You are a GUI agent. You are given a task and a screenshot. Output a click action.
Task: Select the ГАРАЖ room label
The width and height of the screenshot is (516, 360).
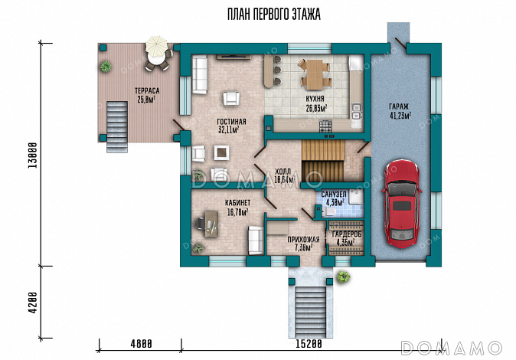[399, 106]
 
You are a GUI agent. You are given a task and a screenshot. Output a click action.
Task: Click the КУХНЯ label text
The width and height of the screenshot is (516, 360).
[315, 99]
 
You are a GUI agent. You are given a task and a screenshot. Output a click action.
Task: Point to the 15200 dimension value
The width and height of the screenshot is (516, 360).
[309, 344]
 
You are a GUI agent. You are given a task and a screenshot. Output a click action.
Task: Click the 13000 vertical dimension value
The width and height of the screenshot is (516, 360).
[32, 155]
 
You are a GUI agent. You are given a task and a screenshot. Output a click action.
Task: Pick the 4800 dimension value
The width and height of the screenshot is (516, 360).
[141, 344]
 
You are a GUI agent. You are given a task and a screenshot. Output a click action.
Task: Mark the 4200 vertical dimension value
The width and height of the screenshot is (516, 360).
[32, 303]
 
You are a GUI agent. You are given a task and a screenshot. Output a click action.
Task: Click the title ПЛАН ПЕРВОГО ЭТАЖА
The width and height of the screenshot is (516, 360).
[274, 15]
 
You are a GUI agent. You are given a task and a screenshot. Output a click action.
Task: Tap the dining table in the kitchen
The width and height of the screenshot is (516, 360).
[315, 74]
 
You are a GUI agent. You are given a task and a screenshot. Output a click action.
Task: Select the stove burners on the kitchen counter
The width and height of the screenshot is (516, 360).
[326, 126]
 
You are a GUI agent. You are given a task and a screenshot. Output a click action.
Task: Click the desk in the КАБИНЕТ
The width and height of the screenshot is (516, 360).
[211, 224]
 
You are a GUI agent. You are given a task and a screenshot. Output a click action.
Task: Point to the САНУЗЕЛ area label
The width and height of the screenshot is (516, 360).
[334, 195]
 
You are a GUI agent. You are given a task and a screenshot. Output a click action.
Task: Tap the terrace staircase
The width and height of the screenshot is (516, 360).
[117, 127]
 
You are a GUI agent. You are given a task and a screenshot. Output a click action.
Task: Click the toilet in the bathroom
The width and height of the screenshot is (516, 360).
[329, 211]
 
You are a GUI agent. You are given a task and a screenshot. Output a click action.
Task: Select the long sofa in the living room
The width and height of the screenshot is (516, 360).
[199, 75]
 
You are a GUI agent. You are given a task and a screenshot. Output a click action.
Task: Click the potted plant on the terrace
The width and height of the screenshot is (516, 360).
[106, 67]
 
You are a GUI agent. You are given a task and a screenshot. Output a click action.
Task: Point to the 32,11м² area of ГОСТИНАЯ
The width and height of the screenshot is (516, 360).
[228, 129]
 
